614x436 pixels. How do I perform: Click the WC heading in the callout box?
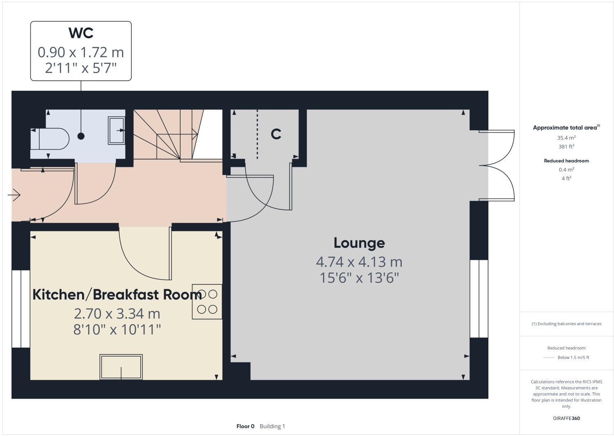click(81, 33)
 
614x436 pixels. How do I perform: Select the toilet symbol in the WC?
click(50, 139)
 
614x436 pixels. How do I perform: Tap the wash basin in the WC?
click(117, 131)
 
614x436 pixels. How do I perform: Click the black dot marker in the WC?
click(81, 136)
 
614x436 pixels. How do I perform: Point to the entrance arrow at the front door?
click(14, 194)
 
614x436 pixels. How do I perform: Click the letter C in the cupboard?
click(276, 134)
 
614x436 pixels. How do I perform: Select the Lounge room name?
click(359, 243)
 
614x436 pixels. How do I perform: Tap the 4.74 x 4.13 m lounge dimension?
click(359, 262)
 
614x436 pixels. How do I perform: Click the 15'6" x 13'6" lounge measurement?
click(359, 278)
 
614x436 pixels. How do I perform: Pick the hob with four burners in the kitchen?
click(207, 302)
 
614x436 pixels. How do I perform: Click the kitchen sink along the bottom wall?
click(121, 367)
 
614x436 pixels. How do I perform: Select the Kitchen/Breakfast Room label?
click(117, 295)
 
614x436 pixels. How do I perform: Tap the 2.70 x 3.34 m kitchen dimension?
click(117, 314)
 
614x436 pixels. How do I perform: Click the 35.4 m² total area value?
click(566, 138)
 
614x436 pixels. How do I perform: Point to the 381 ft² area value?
click(566, 147)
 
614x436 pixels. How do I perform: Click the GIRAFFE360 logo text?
click(566, 418)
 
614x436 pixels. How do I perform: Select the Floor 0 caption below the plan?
click(245, 426)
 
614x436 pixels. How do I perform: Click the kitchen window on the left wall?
click(21, 309)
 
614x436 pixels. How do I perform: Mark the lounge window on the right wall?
click(479, 299)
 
